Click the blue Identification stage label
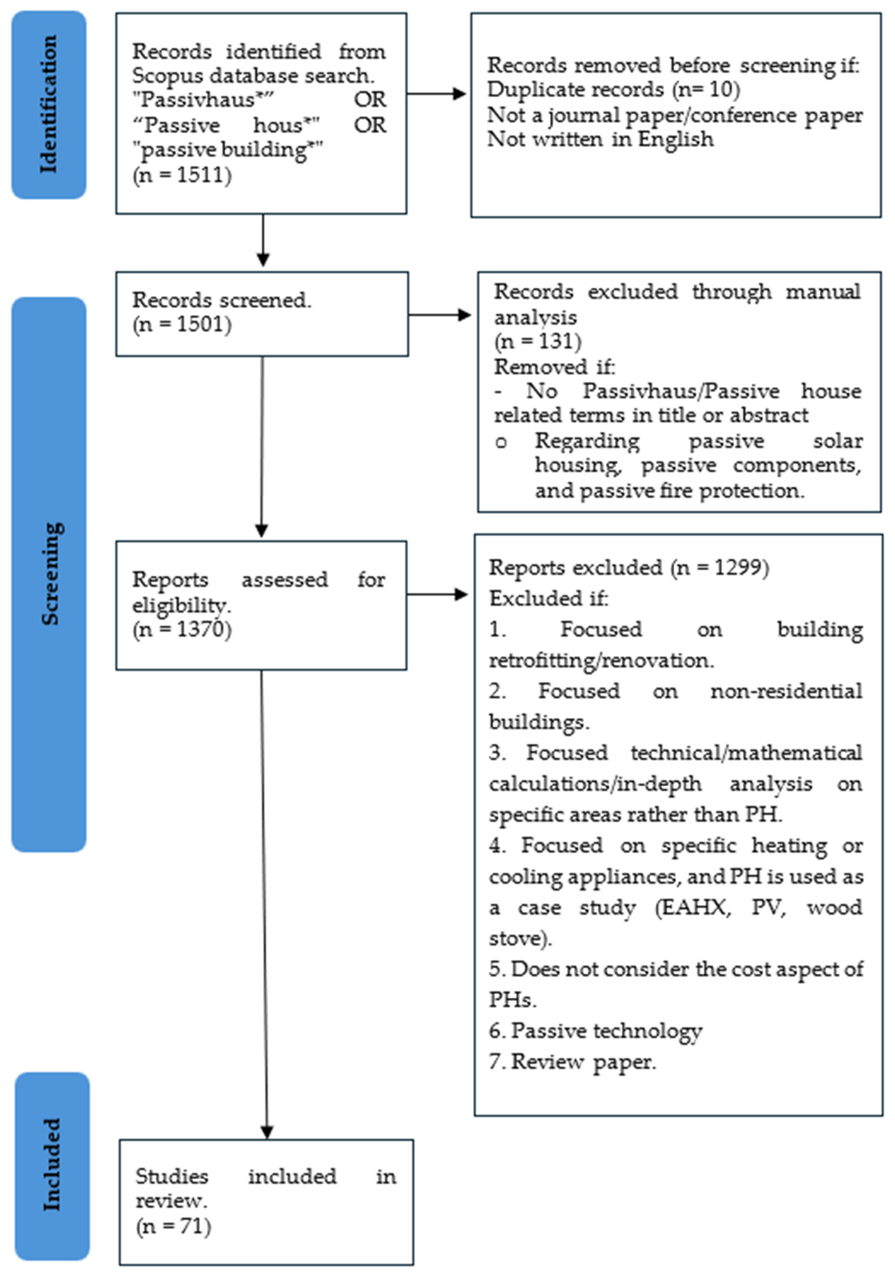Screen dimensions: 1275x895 click(x=49, y=104)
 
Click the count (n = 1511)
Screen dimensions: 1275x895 click(x=182, y=175)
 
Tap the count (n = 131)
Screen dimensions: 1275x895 click(x=537, y=341)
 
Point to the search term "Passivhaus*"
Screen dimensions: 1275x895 click(x=203, y=100)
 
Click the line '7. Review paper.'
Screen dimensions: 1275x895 click(x=572, y=1061)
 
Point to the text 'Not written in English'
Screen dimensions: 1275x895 click(x=600, y=139)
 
